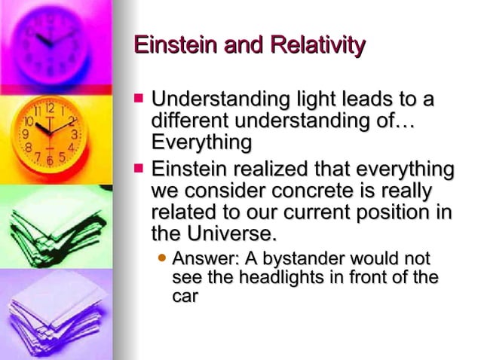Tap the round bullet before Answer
161,258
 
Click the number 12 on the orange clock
50,107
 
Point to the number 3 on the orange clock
74,134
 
